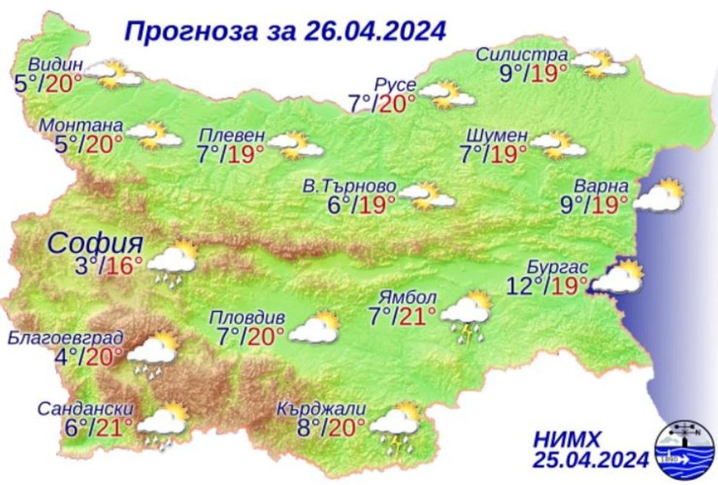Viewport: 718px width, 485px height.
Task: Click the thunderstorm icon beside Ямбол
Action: coord(467,315)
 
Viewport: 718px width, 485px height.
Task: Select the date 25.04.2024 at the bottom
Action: coord(590,460)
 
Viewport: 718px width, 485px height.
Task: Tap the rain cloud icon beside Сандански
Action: coord(162,427)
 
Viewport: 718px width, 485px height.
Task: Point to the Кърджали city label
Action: coord(317,409)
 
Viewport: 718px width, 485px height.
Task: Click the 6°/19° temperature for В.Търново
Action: coord(361,204)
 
